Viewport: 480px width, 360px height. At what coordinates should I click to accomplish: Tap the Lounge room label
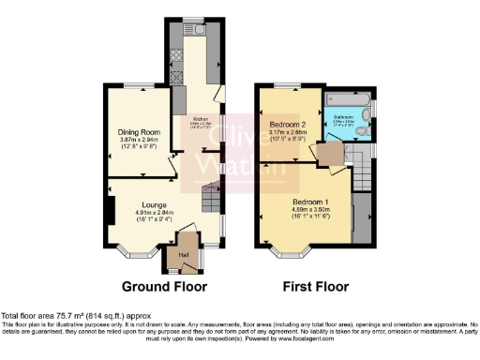click(x=155, y=203)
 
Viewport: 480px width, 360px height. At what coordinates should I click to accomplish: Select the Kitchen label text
click(x=200, y=119)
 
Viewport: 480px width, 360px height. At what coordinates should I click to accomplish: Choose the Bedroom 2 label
click(x=289, y=124)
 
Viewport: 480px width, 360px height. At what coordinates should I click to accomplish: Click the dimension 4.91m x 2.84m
click(x=155, y=213)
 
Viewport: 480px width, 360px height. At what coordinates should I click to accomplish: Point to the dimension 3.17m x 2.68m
click(x=289, y=133)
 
